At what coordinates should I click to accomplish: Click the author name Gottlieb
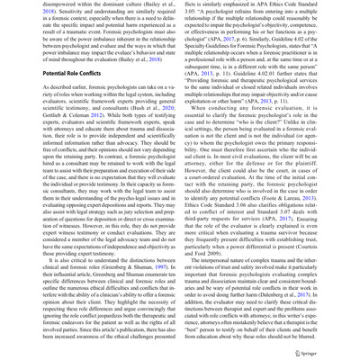(x=22, y=139)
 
